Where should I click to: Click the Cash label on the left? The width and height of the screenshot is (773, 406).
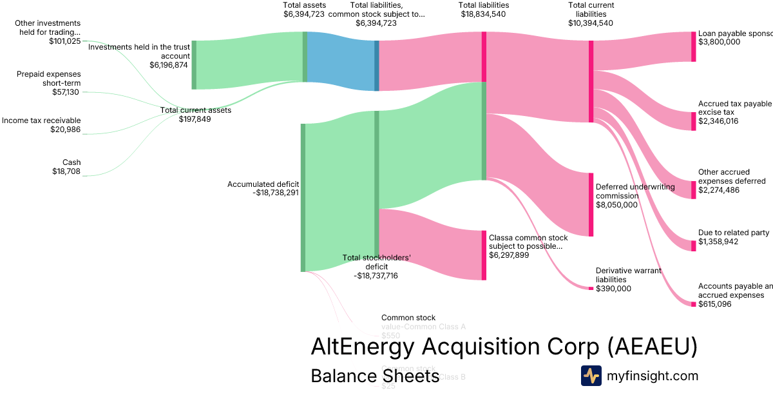pos(72,162)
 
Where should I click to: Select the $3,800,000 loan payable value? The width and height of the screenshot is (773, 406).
pos(719,42)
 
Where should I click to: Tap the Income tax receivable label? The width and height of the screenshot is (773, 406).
pos(41,121)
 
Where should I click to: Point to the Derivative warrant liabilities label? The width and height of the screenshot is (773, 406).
pos(628,275)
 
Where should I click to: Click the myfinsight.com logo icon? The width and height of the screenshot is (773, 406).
pos(591,376)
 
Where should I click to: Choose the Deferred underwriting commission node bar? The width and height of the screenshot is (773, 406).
pos(591,204)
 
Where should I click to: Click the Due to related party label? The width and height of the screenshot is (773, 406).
pos(733,233)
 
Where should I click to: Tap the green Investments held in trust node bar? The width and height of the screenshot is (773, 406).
pos(194,64)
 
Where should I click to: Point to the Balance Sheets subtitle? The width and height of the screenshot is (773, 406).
pos(375,376)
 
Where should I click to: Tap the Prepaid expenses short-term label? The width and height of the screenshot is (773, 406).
pos(49,78)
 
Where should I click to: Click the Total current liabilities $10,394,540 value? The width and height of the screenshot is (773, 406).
pos(591,23)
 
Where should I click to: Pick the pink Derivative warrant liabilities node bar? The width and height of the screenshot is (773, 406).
pos(591,288)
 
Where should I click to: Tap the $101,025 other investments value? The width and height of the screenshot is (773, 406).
pos(65,41)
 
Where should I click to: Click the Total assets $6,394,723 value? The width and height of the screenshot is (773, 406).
pos(305,14)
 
